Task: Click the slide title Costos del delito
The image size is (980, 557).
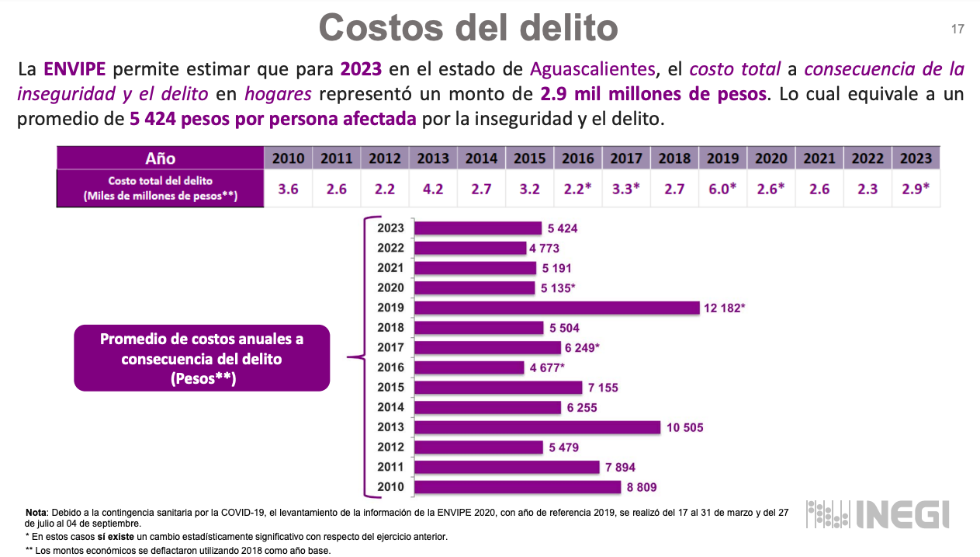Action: click(468, 28)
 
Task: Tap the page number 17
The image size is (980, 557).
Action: click(957, 30)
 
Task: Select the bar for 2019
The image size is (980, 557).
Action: click(557, 308)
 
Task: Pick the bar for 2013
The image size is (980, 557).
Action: click(537, 427)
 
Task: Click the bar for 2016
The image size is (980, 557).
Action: click(469, 367)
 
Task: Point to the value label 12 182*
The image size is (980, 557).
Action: click(724, 308)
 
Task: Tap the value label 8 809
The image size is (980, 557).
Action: click(644, 488)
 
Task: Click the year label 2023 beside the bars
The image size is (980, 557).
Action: click(390, 228)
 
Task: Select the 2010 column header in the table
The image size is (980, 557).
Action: click(288, 158)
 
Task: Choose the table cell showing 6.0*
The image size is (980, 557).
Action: click(722, 189)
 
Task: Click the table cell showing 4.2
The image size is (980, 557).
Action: click(433, 189)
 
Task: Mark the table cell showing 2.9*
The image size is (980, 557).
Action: click(916, 189)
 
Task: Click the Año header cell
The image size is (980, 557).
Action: click(161, 158)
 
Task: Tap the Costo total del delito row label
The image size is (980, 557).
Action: click(161, 189)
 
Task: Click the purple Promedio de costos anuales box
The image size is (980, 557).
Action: click(202, 358)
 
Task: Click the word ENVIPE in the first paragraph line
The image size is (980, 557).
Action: click(74, 69)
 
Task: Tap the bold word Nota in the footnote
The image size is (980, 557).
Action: click(36, 513)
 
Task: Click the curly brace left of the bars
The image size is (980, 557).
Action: click(358, 357)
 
